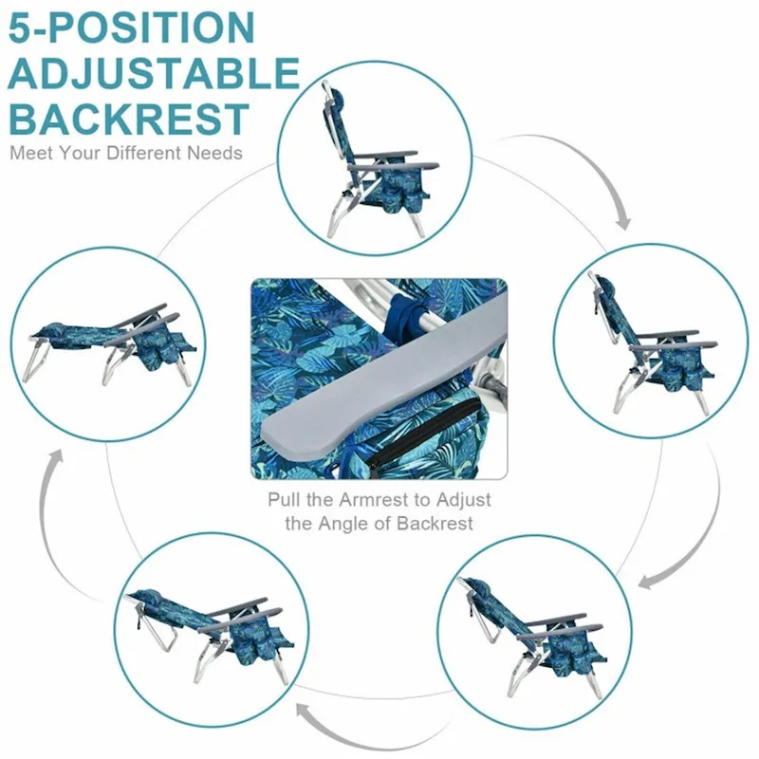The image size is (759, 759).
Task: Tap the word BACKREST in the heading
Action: tap(128, 120)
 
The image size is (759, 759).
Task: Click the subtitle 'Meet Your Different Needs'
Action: tap(126, 153)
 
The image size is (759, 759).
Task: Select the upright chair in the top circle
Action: tap(365, 166)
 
